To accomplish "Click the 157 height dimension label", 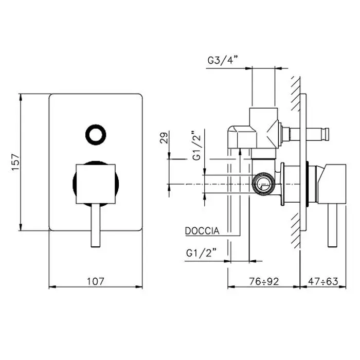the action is [x=15, y=163].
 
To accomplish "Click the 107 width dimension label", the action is [x=96, y=281].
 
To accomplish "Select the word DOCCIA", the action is [x=202, y=231].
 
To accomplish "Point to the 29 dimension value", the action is [x=164, y=138].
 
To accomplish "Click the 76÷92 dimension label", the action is [x=264, y=281].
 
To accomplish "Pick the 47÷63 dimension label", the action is [x=323, y=281].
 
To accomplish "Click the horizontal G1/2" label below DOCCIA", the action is [x=202, y=253].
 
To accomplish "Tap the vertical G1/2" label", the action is [x=197, y=146].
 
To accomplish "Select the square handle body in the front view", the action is [x=96, y=184].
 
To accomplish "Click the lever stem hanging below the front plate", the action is [x=96, y=225].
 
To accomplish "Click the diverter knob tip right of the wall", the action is [x=326, y=134].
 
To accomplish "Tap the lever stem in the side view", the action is [x=332, y=225].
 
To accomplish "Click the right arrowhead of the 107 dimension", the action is [x=139, y=287].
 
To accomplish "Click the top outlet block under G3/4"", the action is [x=264, y=128].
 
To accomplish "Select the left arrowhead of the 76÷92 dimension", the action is [x=231, y=287].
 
